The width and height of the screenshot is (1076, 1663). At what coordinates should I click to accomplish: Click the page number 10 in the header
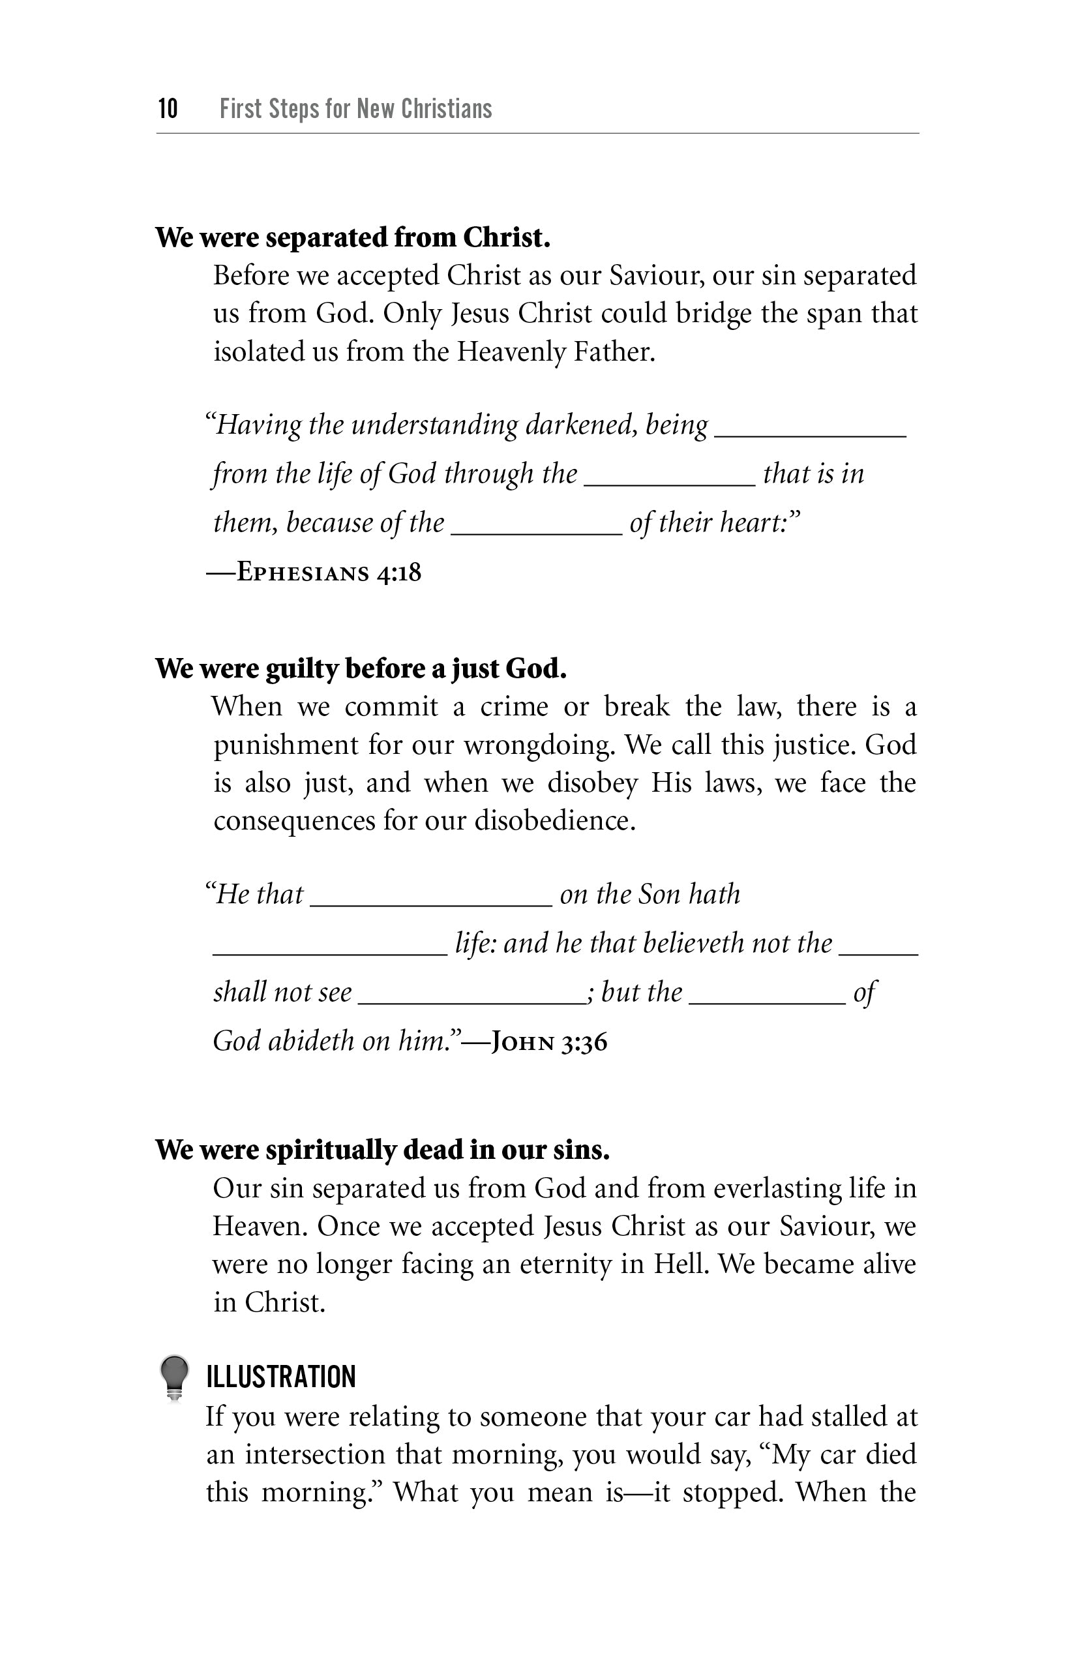tap(168, 109)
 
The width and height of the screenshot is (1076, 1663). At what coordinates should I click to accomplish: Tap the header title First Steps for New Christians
tap(355, 109)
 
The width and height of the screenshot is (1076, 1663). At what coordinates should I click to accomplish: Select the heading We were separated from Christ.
tap(353, 238)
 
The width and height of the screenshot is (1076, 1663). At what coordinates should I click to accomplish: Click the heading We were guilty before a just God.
tap(361, 668)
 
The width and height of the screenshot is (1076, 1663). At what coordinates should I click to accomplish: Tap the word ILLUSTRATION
tap(281, 1377)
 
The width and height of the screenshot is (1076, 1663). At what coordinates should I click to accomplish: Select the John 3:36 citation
tap(549, 1043)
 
